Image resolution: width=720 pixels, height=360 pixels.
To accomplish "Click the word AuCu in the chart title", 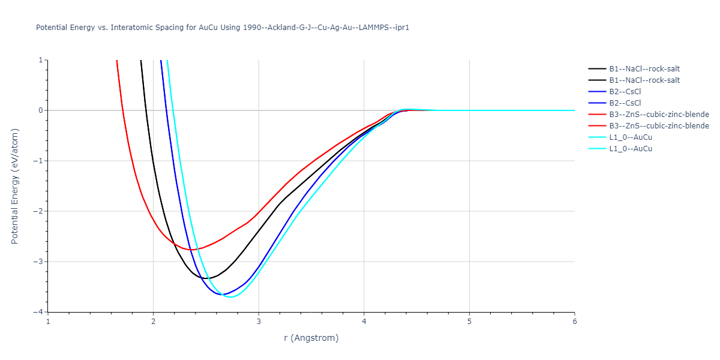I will [x=211, y=28].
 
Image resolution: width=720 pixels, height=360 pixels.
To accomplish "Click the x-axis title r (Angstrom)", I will [x=311, y=338].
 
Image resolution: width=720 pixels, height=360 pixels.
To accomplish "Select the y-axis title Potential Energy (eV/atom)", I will [x=15, y=186].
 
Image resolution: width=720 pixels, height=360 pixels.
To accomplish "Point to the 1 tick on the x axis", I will [x=48, y=322].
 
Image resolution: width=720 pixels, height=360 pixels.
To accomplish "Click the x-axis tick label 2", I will [x=153, y=322].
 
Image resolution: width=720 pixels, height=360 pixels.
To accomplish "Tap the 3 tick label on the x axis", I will [x=259, y=322].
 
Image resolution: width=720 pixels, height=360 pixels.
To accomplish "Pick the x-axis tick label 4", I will [x=364, y=322].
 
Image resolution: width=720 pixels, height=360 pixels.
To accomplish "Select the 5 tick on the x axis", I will [x=469, y=322].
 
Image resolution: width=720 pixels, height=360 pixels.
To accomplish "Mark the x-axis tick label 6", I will [x=574, y=322].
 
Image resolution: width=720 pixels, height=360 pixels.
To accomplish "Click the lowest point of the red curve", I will [x=192, y=250].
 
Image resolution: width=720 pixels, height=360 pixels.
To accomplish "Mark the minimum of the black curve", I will [x=206, y=278].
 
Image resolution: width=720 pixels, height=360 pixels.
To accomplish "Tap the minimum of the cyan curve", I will [x=231, y=297].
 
